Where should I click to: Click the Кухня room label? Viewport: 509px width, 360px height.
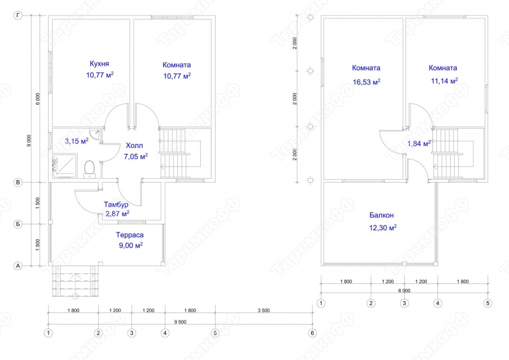pyautogui.click(x=100, y=64)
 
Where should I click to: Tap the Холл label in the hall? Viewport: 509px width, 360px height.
pyautogui.click(x=134, y=145)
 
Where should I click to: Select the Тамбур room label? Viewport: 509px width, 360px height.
pyautogui.click(x=116, y=204)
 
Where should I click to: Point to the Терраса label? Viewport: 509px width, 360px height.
pyautogui.click(x=130, y=235)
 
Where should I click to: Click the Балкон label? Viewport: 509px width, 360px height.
pyautogui.click(x=381, y=215)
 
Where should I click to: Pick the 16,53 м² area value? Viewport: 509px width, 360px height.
pyautogui.click(x=367, y=81)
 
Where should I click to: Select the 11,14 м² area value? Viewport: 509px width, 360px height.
pyautogui.click(x=444, y=81)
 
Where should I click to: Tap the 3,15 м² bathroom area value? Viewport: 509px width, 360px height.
pyautogui.click(x=77, y=141)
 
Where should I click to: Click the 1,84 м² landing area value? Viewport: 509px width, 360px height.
pyautogui.click(x=419, y=143)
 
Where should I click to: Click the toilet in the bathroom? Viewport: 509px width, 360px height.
pyautogui.click(x=89, y=169)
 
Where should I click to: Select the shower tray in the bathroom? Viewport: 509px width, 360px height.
pyautogui.click(x=65, y=166)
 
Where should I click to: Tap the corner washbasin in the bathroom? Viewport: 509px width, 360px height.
pyautogui.click(x=96, y=133)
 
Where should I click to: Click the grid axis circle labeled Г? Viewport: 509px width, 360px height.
pyautogui.click(x=18, y=15)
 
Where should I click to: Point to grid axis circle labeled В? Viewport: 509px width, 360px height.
pyautogui.click(x=18, y=182)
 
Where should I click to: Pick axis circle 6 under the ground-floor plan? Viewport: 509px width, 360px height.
pyautogui.click(x=312, y=333)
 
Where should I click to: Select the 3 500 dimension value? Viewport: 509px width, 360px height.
pyautogui.click(x=264, y=310)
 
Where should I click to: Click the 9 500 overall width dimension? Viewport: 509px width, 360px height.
pyautogui.click(x=181, y=322)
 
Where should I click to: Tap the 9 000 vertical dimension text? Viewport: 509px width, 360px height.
pyautogui.click(x=29, y=141)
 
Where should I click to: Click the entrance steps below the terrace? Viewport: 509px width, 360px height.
pyautogui.click(x=75, y=281)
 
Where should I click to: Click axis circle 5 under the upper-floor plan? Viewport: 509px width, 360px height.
pyautogui.click(x=488, y=303)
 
